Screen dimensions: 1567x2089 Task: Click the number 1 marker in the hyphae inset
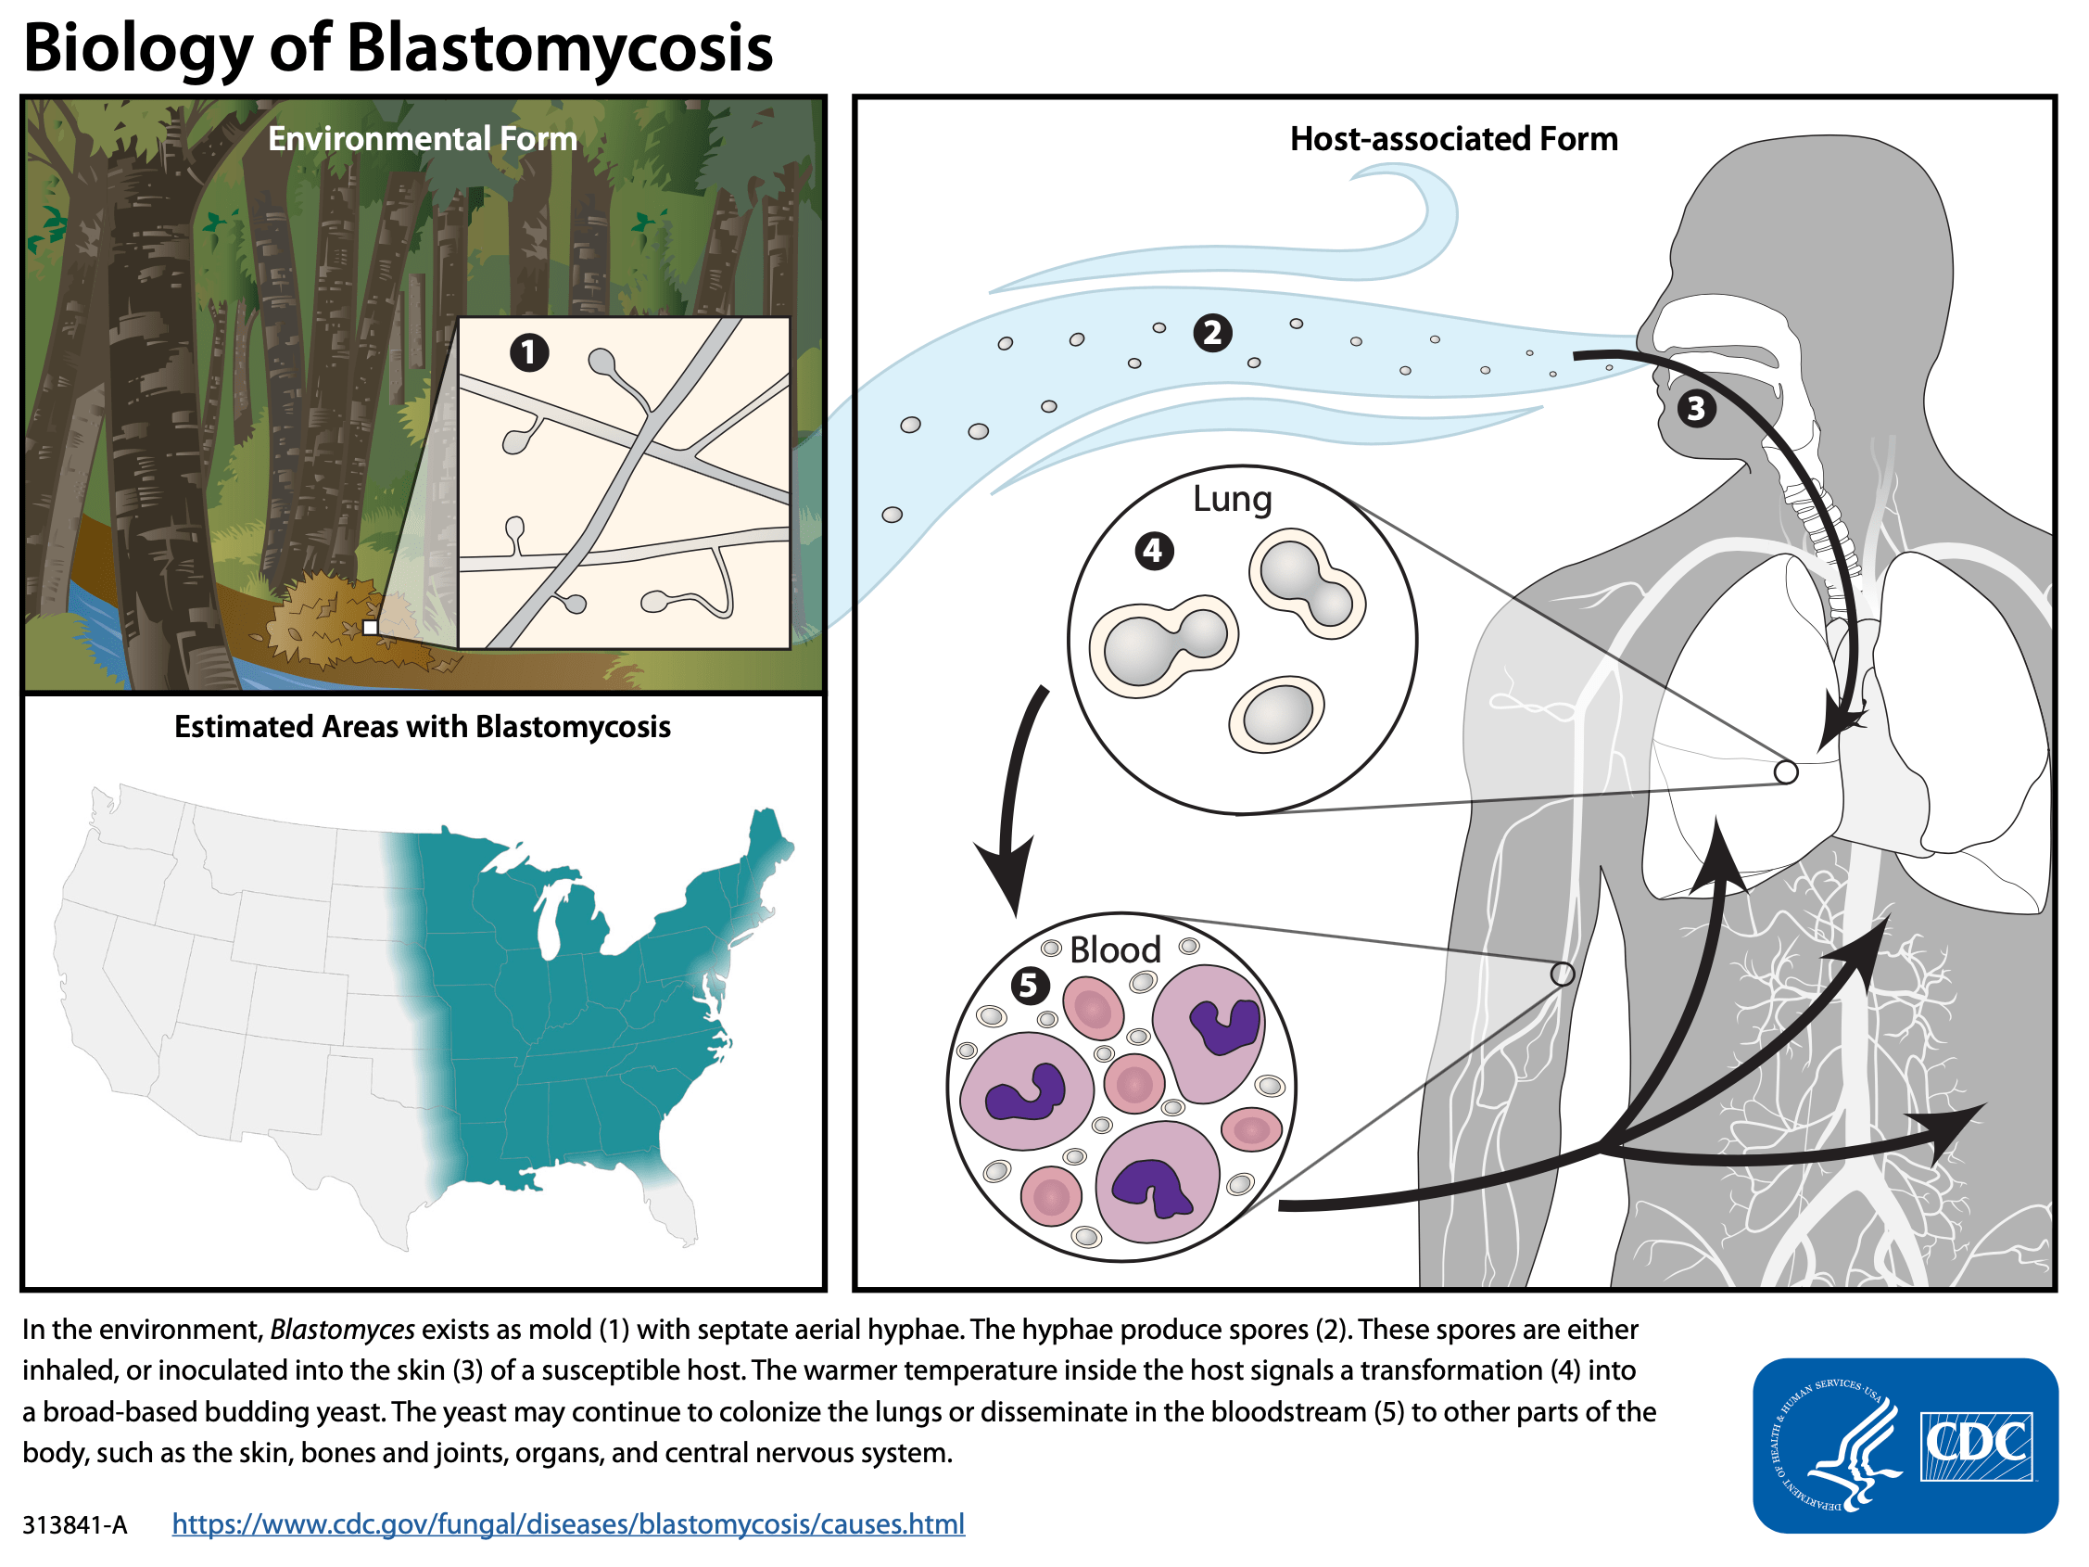pos(529,352)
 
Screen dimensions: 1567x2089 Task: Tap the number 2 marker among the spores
pos(1212,333)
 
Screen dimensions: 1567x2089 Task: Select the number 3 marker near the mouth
pos(1696,408)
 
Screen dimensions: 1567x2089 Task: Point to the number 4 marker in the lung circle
pos(1153,550)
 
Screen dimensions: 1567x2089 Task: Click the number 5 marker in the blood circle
pos(1030,985)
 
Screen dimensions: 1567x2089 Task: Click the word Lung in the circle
pos(1232,499)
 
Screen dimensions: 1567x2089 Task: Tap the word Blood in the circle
pos(1114,949)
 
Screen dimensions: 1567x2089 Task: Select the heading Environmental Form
pos(422,139)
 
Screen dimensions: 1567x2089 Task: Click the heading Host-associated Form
pos(1453,139)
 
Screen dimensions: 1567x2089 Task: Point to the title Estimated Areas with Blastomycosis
pos(422,726)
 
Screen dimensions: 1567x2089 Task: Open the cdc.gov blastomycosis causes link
pos(567,1523)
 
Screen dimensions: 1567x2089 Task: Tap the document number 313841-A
pos(74,1524)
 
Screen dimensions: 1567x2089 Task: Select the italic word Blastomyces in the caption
pos(342,1329)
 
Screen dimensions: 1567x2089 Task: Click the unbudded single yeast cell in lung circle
pos(1277,714)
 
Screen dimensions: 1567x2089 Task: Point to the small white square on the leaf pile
pos(370,627)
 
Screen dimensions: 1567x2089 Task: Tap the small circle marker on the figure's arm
pos(1562,973)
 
